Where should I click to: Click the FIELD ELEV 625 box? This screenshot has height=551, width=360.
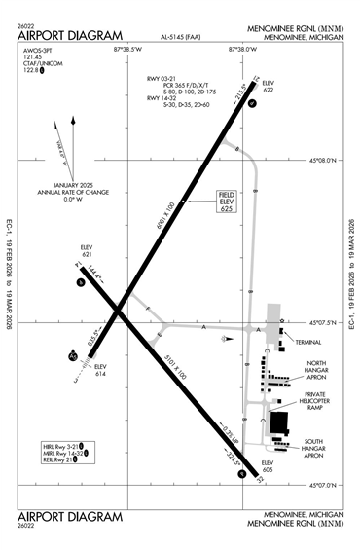pos(229,202)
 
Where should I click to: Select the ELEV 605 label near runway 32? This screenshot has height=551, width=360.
pos(268,464)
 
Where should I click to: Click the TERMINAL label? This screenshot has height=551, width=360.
pos(308,343)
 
